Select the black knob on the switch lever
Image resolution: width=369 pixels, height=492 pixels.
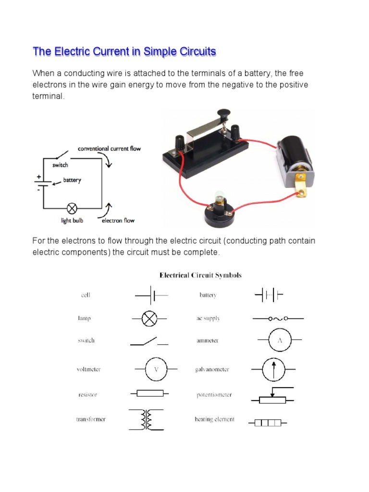[223, 113]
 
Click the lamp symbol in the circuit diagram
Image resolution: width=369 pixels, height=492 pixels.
[72, 208]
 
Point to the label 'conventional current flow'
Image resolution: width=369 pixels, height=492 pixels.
[110, 148]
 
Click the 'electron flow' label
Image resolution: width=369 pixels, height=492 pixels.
[118, 221]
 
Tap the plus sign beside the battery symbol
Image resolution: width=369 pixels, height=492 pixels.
[38, 177]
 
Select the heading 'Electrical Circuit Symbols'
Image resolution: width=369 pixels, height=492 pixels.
[200, 275]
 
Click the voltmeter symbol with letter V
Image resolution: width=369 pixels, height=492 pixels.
[156, 369]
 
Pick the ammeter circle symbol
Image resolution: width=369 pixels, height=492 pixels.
[278, 340]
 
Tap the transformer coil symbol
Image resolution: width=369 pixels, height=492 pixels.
[146, 419]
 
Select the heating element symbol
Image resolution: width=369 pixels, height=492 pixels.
[268, 423]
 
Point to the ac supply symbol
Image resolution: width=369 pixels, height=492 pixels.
[278, 318]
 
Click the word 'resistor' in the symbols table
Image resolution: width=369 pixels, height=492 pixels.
[87, 394]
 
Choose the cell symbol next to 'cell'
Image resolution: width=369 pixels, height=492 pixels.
[152, 295]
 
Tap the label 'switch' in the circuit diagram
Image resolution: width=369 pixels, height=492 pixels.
[60, 165]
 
